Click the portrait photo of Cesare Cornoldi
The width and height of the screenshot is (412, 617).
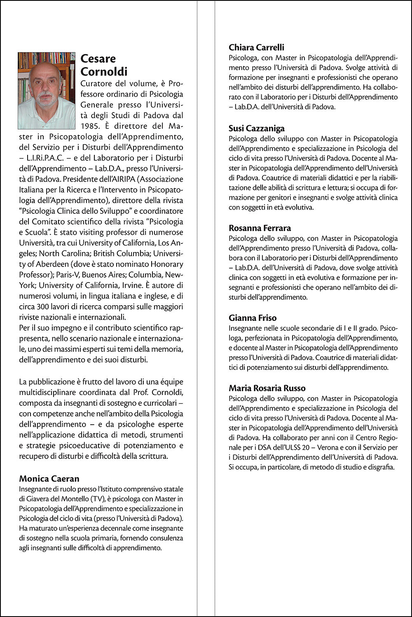point(47,91)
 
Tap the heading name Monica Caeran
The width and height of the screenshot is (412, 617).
point(49,479)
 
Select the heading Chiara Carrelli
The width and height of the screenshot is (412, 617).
point(256,47)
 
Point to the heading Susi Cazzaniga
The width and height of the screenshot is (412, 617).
point(257,129)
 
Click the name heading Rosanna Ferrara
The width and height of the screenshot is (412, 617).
point(260,228)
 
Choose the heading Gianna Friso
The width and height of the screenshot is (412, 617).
point(253,318)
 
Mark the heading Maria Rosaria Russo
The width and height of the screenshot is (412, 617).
point(267,388)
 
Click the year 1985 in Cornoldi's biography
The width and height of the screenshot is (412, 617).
point(28,126)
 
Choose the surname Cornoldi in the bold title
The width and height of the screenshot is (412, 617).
point(104,72)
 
